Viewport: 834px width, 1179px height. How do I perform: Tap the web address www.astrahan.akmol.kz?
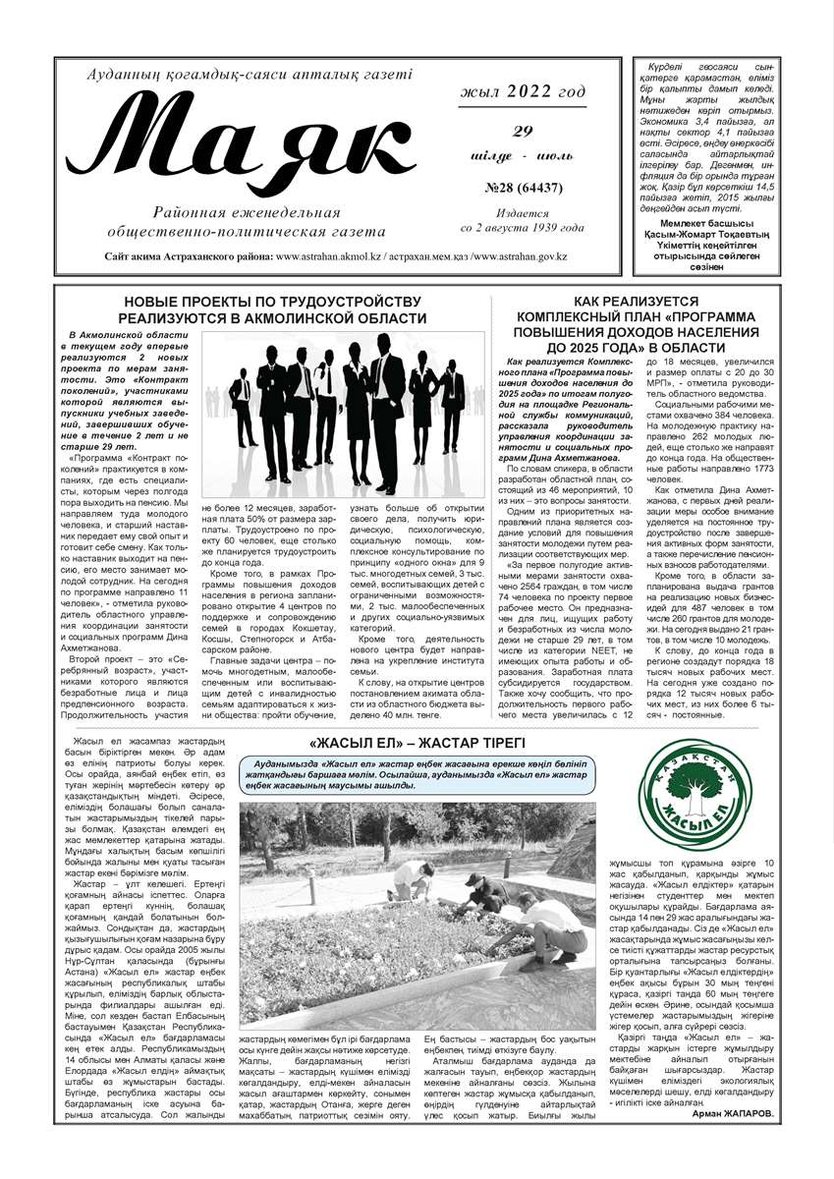[329, 256]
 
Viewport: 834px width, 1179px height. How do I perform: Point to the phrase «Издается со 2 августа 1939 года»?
[522, 220]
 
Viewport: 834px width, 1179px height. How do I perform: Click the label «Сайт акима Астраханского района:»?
[188, 256]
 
